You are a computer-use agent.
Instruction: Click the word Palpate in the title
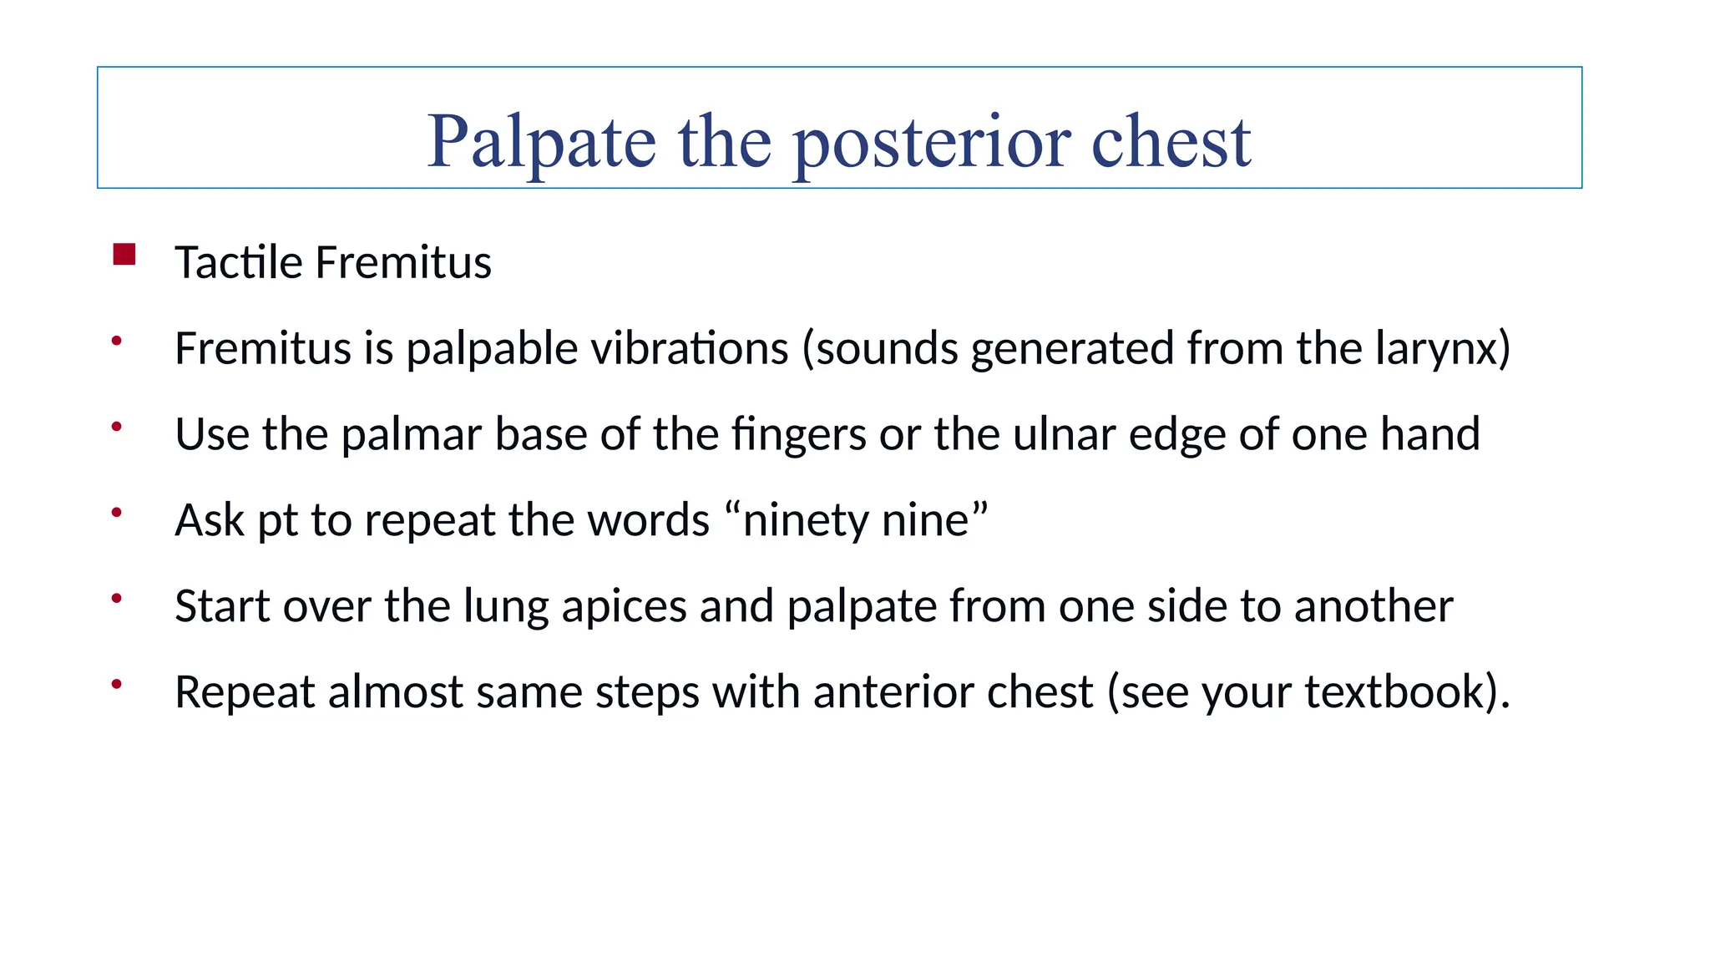pyautogui.click(x=541, y=142)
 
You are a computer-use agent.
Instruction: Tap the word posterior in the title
pyautogui.click(x=932, y=142)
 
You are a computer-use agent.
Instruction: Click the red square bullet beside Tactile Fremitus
pyautogui.click(x=124, y=254)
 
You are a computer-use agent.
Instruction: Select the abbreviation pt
pyautogui.click(x=277, y=522)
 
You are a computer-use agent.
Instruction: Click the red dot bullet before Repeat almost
pyautogui.click(x=117, y=684)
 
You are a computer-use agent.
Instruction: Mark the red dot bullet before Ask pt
pyautogui.click(x=117, y=512)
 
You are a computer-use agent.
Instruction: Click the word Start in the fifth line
pyautogui.click(x=222, y=606)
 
